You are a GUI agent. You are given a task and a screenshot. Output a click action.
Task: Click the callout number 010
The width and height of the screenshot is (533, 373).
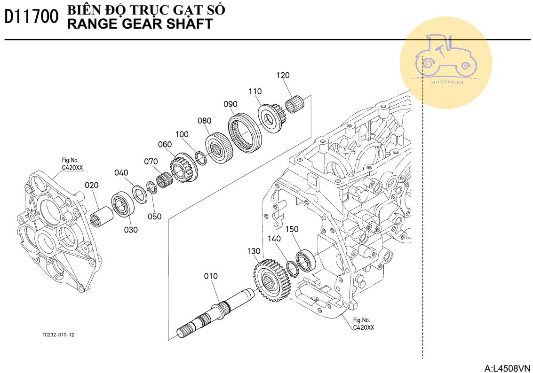pyautogui.click(x=211, y=276)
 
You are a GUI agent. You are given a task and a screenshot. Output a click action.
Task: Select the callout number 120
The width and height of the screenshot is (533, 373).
pyautogui.click(x=283, y=75)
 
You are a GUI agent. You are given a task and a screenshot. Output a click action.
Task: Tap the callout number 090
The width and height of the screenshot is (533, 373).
pyautogui.click(x=231, y=104)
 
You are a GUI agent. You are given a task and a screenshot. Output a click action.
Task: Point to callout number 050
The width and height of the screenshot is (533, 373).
pyautogui.click(x=154, y=217)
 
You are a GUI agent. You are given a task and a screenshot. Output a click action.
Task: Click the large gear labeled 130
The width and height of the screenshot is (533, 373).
pyautogui.click(x=272, y=280)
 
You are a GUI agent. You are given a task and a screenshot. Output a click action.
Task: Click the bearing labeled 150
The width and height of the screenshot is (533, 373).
pyautogui.click(x=306, y=261)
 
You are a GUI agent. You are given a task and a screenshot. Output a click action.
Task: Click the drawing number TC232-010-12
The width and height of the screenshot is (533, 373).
pyautogui.click(x=58, y=334)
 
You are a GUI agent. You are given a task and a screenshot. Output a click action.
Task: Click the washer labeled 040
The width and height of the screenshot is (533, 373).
pyautogui.click(x=139, y=194)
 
